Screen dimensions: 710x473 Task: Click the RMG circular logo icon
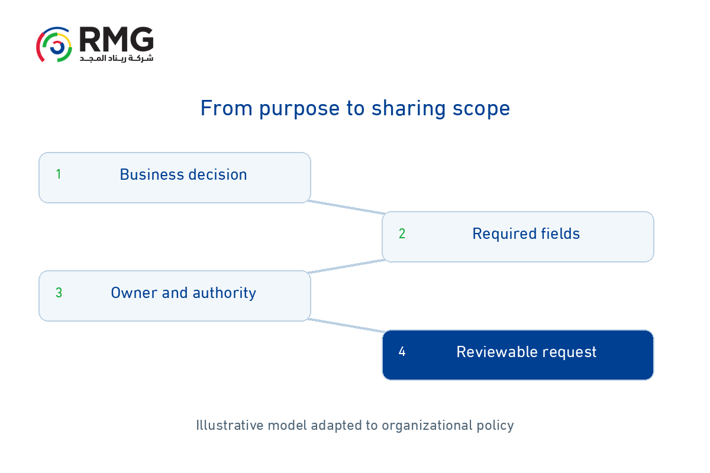[x=54, y=44]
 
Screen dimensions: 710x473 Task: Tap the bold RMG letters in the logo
[x=117, y=39]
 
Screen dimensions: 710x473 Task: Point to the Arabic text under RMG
[x=117, y=59]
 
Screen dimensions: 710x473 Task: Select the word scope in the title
[x=481, y=109]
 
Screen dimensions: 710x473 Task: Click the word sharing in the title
[x=409, y=109]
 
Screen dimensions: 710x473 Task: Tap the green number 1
[x=59, y=174]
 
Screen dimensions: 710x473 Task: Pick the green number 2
[x=402, y=234]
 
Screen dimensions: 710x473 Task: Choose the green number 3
[x=59, y=293]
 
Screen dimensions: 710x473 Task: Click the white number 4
[x=402, y=352]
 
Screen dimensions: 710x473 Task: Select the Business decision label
[x=183, y=174]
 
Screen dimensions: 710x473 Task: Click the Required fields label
[x=526, y=234]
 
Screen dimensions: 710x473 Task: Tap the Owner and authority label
[x=183, y=293]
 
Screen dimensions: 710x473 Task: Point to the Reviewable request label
[x=527, y=352]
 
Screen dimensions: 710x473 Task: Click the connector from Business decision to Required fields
[x=347, y=207]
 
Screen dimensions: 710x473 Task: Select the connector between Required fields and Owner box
[x=347, y=266]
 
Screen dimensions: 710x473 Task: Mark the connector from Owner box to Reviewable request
[x=347, y=325]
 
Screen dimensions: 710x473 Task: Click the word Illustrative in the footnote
[x=230, y=425]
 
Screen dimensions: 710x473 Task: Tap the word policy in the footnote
[x=495, y=426]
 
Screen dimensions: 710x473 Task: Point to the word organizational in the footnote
[x=427, y=426]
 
